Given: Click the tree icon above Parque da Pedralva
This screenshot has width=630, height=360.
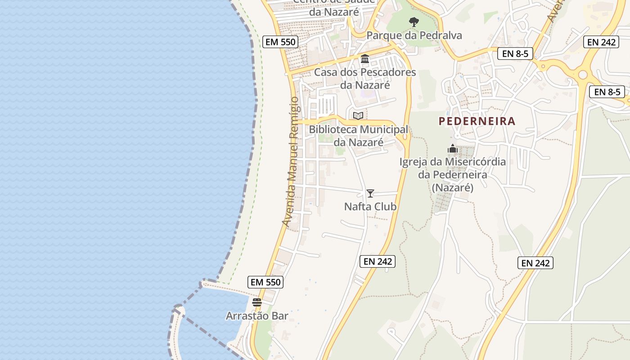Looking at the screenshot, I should coord(414,22).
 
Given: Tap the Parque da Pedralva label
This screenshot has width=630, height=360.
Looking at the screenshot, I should coord(414,36).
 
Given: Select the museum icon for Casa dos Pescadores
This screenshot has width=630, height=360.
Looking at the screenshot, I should coord(365,59).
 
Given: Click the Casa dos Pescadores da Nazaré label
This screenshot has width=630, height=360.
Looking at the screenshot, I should coord(365,78).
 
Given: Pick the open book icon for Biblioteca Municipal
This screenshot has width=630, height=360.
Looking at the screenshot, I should coord(358,116).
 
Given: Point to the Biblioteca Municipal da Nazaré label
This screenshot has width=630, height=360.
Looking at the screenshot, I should coord(358,136).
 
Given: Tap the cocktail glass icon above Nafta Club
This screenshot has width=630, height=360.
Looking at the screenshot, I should coord(370,193).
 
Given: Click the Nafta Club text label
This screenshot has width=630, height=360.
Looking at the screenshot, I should coord(370,207).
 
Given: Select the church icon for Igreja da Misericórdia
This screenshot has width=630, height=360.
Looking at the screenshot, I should coord(453,148).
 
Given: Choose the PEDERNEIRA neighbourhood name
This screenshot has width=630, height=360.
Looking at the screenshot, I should coord(477,121).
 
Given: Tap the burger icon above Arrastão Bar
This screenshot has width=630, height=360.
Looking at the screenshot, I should coord(257,302).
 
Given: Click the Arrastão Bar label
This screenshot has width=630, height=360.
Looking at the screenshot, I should coord(257,316).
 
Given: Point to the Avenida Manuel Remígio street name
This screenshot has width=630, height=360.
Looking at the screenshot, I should coord(291,162).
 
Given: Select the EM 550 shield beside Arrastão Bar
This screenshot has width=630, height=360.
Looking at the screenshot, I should coord(265,282).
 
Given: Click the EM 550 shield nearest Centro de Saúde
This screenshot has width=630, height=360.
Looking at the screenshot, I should coord(280,42).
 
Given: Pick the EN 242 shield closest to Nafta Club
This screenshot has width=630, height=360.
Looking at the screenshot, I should coord(378,261).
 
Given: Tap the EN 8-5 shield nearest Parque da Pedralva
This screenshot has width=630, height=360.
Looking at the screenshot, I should coord(515,54).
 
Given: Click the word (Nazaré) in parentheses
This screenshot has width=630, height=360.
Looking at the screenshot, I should coord(453,188).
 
